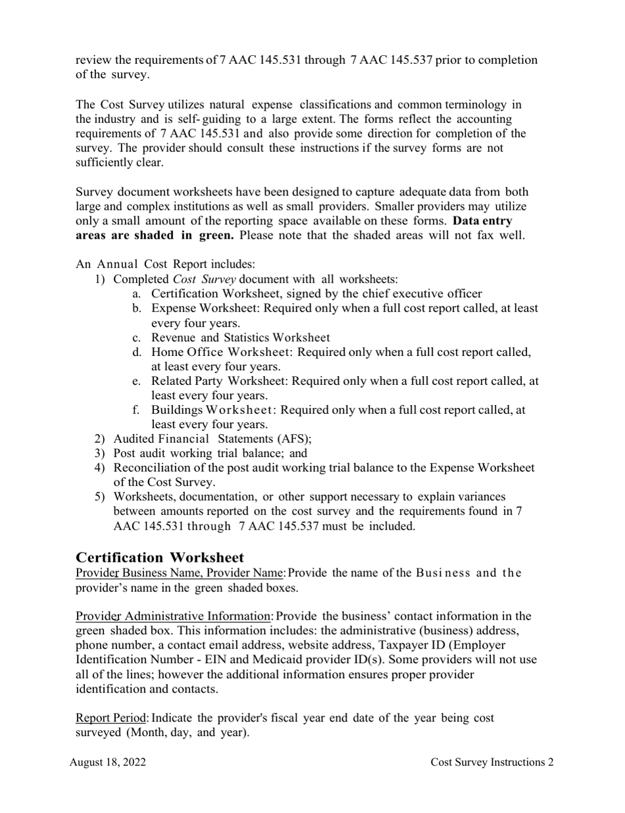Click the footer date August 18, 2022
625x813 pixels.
[108, 762]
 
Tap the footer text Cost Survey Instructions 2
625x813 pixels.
[491, 762]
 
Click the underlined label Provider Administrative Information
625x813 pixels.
[174, 616]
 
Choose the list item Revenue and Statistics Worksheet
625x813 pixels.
[241, 337]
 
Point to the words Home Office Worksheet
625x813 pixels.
[222, 352]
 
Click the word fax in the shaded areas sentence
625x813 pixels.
[482, 235]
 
